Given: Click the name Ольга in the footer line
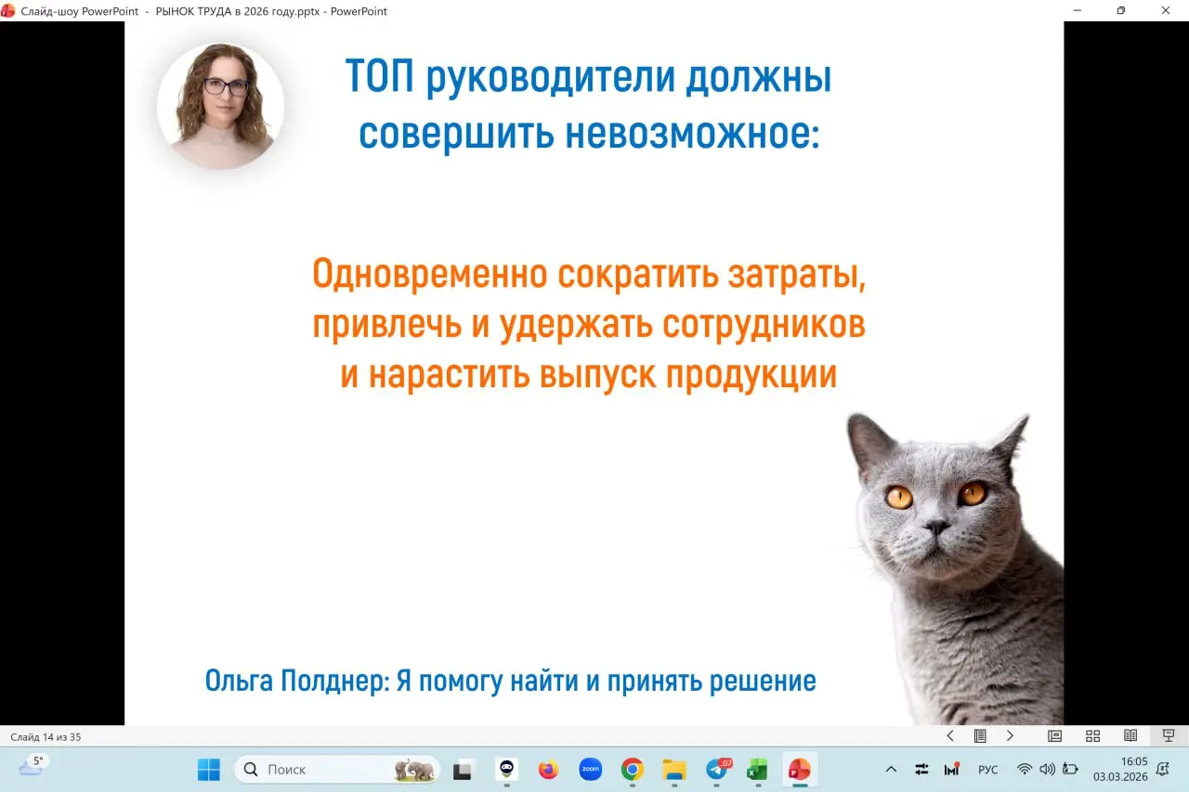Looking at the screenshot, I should [x=240, y=682].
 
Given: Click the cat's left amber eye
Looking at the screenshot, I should [x=898, y=497].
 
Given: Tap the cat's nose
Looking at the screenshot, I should [x=936, y=526].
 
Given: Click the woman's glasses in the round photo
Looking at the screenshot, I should [x=225, y=87].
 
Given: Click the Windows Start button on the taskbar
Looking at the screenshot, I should [x=209, y=770].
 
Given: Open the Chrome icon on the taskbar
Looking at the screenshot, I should [x=633, y=770].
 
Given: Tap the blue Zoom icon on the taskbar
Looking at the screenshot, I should [x=590, y=770].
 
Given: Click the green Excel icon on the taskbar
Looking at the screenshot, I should [x=757, y=770].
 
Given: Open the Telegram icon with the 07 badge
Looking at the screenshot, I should [x=716, y=770].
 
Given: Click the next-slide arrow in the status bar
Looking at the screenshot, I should [x=1010, y=736].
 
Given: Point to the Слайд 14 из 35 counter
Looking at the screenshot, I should [x=46, y=737].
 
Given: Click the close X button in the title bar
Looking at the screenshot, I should [x=1166, y=11].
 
